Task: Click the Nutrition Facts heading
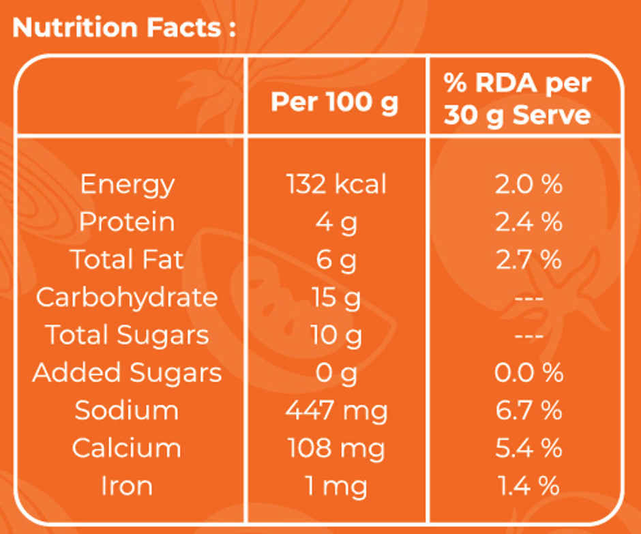tap(124, 28)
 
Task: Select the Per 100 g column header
tap(334, 102)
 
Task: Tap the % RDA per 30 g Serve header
tap(518, 100)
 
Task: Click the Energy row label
tap(127, 185)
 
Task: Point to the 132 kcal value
tap(336, 184)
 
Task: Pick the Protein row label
tap(127, 222)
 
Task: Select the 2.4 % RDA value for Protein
tap(528, 222)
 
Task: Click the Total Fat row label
tap(127, 260)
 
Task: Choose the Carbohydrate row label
tap(127, 298)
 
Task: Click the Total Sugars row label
tap(127, 336)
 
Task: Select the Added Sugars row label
tap(127, 373)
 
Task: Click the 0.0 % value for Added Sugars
tap(528, 372)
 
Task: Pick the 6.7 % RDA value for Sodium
tap(528, 410)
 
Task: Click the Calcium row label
tap(127, 447)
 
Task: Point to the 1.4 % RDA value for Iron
tap(528, 486)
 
